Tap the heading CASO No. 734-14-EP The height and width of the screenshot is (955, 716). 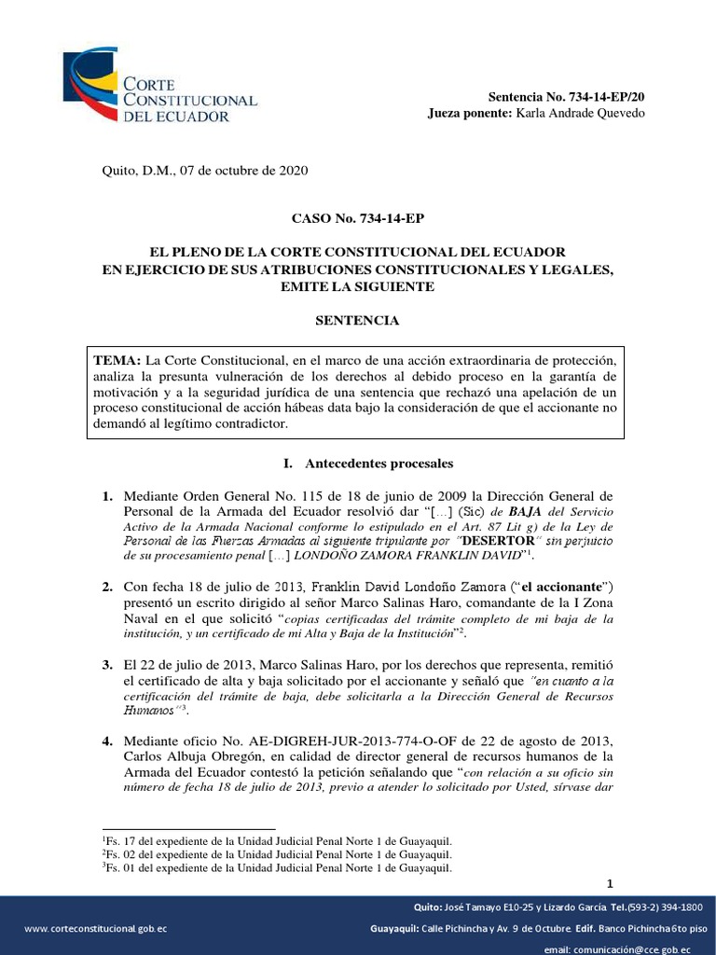click(358, 219)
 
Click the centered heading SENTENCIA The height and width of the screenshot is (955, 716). click(358, 321)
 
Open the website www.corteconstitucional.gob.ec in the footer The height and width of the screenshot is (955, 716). click(96, 929)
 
